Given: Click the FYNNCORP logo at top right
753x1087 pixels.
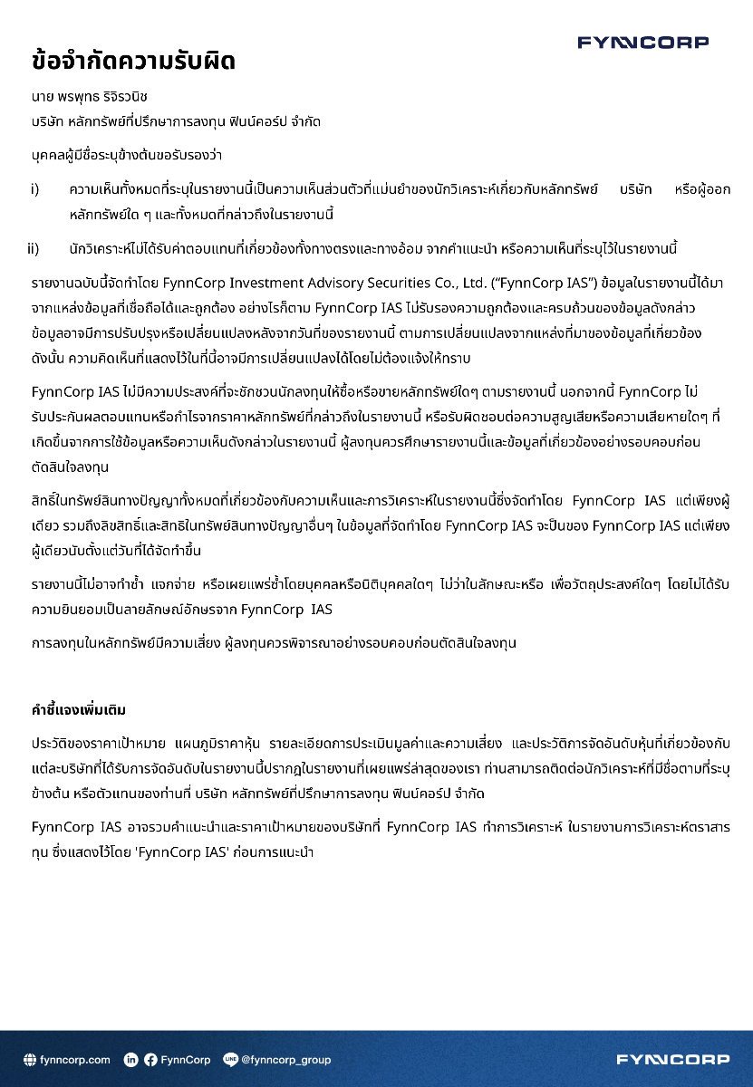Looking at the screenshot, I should [x=642, y=43].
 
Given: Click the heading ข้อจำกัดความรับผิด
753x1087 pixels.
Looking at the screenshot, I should [x=133, y=62].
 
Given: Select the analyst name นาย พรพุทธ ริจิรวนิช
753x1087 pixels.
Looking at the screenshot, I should [x=90, y=96].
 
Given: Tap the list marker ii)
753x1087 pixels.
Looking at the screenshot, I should [x=33, y=248].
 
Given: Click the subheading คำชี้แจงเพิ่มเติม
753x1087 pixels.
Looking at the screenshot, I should [x=83, y=707].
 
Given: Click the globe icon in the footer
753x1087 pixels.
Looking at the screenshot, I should [x=30, y=1059].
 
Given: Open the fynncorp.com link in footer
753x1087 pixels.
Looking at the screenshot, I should [x=75, y=1059].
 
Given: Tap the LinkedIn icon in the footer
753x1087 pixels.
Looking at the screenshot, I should [x=130, y=1059].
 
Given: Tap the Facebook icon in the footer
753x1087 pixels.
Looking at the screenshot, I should [x=150, y=1059].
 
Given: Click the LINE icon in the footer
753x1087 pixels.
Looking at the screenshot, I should [x=230, y=1059].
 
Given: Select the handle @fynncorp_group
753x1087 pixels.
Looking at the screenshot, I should [x=285, y=1059].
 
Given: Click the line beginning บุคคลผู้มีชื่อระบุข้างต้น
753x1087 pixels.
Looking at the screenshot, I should [x=127, y=155].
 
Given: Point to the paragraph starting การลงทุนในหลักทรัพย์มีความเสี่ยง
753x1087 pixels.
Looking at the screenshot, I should [x=274, y=642].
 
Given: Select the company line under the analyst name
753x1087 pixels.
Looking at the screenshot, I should [x=176, y=120].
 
